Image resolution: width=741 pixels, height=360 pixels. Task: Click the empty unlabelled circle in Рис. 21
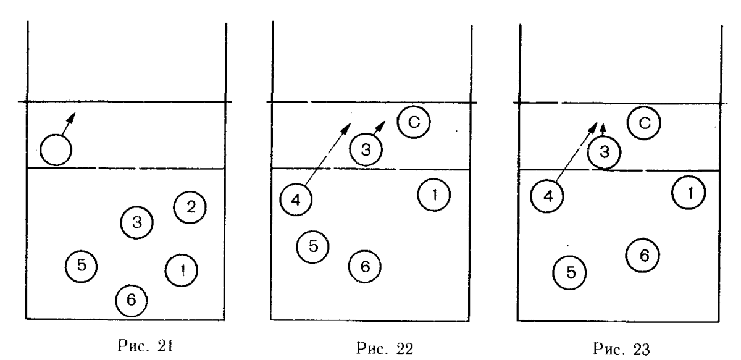coord(56,148)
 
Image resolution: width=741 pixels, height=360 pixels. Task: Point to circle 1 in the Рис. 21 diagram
coord(182,269)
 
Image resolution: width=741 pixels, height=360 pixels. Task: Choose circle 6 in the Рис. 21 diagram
coord(132,299)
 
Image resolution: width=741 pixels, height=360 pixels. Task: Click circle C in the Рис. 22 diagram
coord(414,122)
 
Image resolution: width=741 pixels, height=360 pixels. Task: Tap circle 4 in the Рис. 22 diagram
coord(296,198)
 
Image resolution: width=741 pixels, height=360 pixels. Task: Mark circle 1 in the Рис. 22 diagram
coord(434,195)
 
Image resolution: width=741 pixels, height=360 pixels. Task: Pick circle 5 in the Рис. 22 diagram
coord(312,245)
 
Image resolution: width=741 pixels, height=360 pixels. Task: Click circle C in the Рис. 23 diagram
coord(643,123)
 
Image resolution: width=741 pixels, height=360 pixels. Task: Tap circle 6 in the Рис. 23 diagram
coord(642,254)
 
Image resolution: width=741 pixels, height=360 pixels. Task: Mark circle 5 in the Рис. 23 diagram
coord(569,271)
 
